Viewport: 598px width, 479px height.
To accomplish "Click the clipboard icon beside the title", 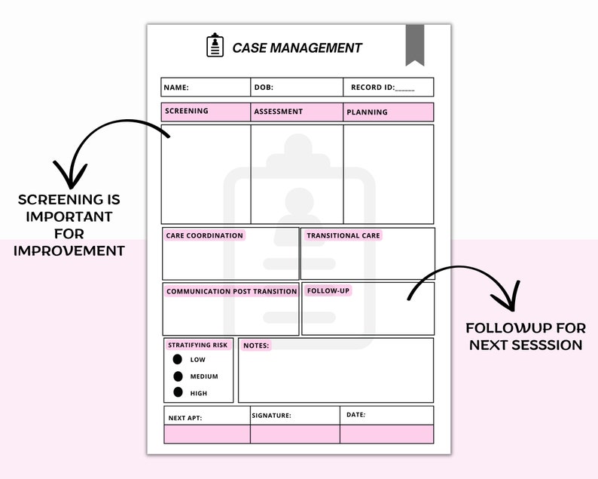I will point(215,45).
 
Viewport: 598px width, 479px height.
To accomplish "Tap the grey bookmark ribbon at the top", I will point(415,44).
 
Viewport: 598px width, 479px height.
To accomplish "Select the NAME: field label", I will point(176,88).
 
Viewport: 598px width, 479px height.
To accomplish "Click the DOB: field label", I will point(264,88).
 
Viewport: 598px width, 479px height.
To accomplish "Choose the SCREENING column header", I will point(187,112).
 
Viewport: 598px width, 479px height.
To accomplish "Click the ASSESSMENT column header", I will point(278,112).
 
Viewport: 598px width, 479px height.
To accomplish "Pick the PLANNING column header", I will point(367,112).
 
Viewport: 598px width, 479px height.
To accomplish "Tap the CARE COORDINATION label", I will point(204,235).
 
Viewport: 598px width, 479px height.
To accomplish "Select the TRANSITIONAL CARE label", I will point(343,235).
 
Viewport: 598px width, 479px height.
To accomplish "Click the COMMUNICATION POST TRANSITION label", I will point(231,291).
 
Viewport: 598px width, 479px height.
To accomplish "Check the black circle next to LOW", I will point(178,360).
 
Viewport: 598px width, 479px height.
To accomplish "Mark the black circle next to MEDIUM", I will point(178,376).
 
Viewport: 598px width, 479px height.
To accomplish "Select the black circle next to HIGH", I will point(178,392).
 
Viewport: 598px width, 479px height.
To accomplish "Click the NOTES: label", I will point(255,345).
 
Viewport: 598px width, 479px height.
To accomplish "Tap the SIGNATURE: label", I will point(270,416).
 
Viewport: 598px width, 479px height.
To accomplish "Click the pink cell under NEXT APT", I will point(207,434).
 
